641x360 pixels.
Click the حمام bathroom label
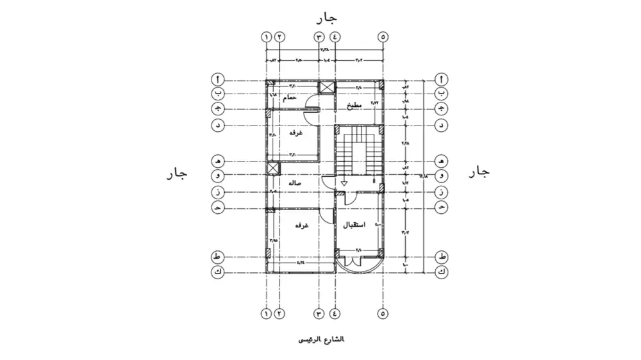tap(290, 97)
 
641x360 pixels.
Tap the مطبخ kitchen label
tap(354, 106)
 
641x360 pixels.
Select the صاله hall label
tap(296, 183)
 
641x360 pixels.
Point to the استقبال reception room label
tap(354, 225)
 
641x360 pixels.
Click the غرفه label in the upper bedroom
tap(296, 133)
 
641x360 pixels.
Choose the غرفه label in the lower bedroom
tap(302, 226)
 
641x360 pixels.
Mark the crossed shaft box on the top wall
tap(327, 87)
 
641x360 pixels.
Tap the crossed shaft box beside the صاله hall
tap(274, 168)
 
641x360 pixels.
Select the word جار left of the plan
tap(176, 173)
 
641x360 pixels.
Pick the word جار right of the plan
tap(479, 172)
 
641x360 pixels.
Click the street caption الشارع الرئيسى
tap(321, 339)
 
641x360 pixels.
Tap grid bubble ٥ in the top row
tap(383, 37)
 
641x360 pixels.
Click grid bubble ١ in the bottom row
tap(266, 314)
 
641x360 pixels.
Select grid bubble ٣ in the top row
tap(319, 37)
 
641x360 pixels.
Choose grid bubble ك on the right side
tap(442, 272)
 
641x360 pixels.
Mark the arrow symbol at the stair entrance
tap(344, 183)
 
